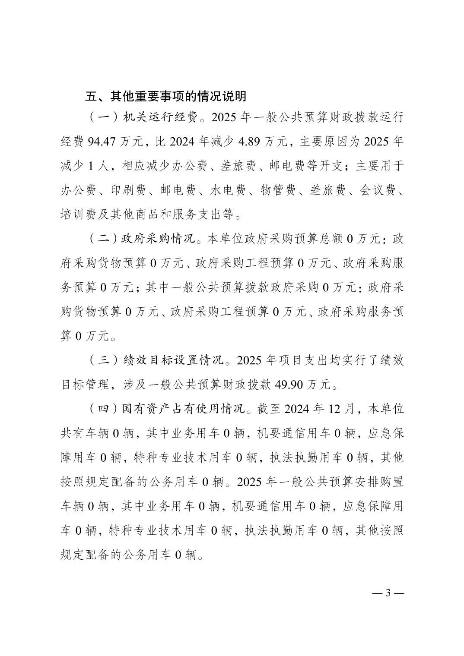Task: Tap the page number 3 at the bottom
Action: pos(388,593)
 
